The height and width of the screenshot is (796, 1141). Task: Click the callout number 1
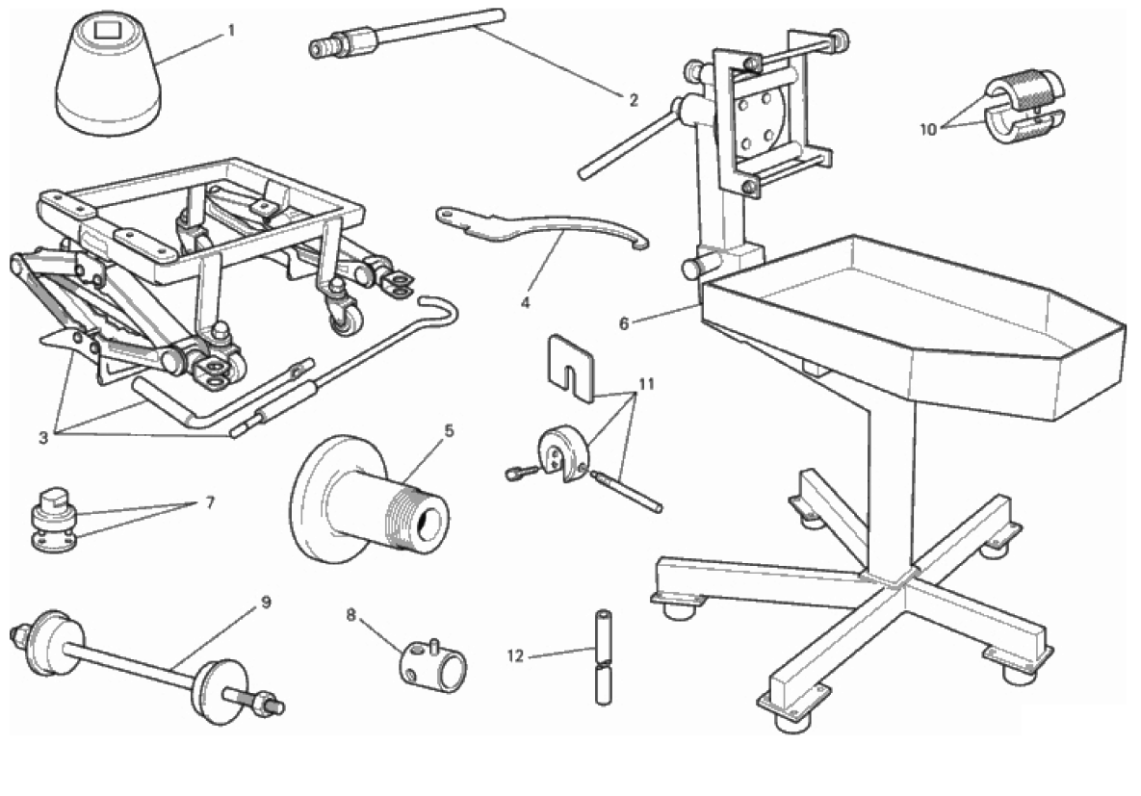(x=231, y=31)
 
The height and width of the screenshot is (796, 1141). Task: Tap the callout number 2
(x=633, y=100)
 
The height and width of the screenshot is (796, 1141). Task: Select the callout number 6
(x=624, y=323)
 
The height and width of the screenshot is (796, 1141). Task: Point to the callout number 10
(x=928, y=130)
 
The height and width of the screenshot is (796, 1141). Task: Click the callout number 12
(x=515, y=656)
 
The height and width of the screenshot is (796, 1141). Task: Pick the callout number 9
(x=266, y=602)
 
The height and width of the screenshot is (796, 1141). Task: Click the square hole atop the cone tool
(x=106, y=30)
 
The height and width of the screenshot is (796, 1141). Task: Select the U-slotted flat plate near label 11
(x=570, y=368)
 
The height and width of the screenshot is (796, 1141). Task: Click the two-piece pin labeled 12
(x=604, y=657)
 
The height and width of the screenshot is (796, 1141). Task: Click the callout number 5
(x=449, y=431)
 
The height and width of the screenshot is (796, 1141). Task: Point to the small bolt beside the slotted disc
(x=521, y=473)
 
